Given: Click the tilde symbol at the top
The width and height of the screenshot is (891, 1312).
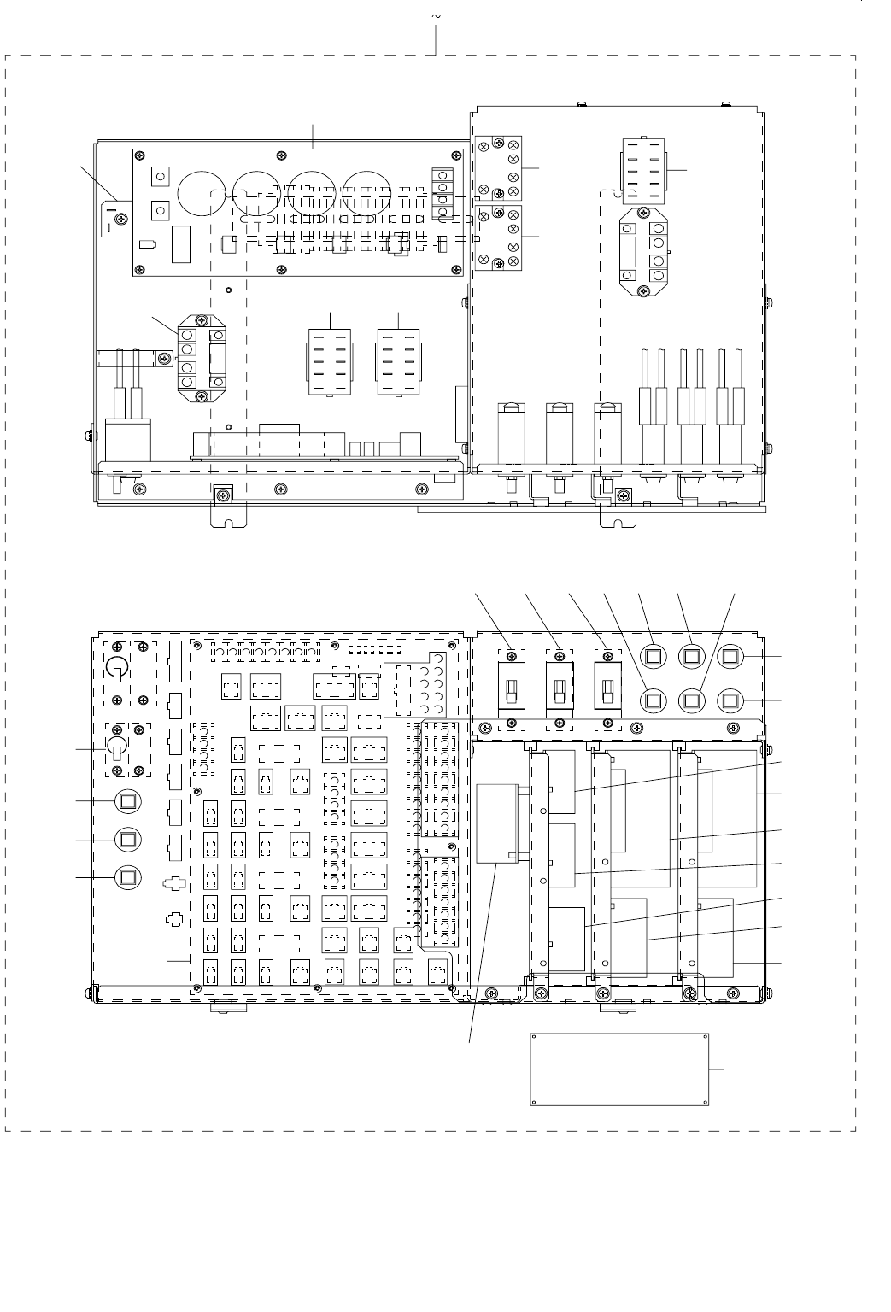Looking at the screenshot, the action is (437, 17).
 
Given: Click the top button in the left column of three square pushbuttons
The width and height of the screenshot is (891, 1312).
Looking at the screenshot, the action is (127, 801).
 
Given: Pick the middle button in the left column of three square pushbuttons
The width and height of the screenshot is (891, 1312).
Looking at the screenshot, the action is (127, 840).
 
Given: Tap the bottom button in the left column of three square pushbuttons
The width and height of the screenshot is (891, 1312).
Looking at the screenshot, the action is (127, 876).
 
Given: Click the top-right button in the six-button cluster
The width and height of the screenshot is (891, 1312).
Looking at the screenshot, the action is (730, 656).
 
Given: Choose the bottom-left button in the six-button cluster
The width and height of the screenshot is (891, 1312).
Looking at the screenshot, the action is (654, 700).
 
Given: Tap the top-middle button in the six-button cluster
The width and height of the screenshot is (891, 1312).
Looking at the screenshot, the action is (691, 656).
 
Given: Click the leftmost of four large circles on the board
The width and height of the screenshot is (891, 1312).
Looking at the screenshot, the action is (202, 193).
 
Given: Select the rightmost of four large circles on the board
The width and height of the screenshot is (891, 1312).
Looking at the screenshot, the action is (366, 193).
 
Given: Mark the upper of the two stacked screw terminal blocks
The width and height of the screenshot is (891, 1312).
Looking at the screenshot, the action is (498, 168).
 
